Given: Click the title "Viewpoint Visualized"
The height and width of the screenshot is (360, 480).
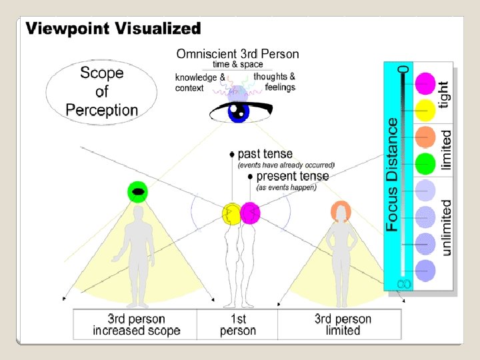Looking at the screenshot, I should (113, 29).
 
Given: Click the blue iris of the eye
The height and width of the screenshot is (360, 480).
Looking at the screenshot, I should (237, 111).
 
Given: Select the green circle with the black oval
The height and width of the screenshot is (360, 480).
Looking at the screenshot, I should (137, 192).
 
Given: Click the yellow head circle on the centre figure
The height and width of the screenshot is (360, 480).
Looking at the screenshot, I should (231, 213).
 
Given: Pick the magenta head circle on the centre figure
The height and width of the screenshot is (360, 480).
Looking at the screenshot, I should (250, 213).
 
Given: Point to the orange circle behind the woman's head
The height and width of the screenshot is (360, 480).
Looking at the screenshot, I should (341, 211).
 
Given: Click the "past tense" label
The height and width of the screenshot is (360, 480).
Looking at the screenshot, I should (265, 154).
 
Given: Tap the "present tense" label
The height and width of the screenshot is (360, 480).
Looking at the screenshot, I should (292, 176).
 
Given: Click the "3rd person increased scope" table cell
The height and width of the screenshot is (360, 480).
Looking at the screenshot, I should (136, 325).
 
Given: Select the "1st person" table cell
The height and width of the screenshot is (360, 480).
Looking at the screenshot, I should (237, 325).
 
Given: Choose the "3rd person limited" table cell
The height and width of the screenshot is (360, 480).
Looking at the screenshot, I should (343, 325).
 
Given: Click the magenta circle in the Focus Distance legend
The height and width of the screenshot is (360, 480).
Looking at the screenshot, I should (425, 84).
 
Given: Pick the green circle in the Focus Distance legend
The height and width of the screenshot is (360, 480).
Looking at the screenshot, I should (425, 163).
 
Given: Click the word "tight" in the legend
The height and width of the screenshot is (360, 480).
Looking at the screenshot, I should (445, 95).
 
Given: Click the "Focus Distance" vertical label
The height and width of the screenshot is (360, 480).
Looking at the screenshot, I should (393, 175).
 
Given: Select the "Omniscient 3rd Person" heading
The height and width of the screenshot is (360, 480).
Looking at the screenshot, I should (237, 54).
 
